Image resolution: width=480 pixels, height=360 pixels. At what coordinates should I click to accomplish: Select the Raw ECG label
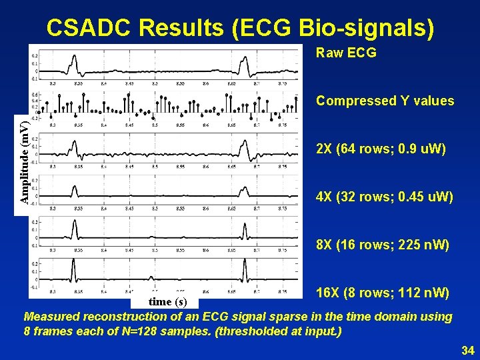[346, 53]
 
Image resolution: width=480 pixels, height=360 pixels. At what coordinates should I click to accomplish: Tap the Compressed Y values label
[385, 101]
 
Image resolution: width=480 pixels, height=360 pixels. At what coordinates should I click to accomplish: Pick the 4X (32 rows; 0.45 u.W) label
[384, 197]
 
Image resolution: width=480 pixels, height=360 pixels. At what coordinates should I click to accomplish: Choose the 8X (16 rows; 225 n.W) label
[383, 245]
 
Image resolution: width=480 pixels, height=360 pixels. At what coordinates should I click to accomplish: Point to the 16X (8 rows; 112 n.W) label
[382, 293]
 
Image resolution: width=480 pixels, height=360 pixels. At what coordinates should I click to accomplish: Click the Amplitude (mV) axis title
[23, 162]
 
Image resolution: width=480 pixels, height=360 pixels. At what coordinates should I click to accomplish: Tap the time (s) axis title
[169, 302]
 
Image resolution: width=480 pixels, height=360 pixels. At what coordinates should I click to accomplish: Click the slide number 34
[467, 350]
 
